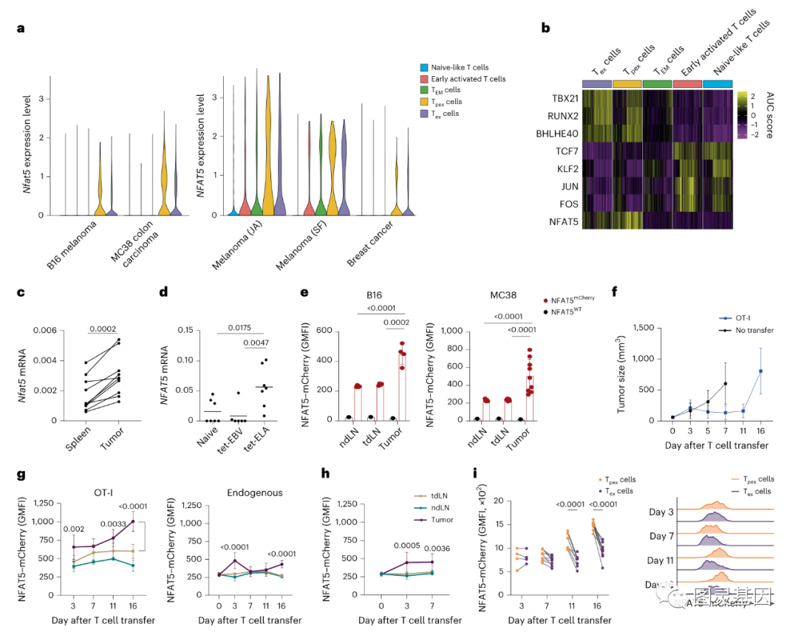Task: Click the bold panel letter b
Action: pos(545,28)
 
